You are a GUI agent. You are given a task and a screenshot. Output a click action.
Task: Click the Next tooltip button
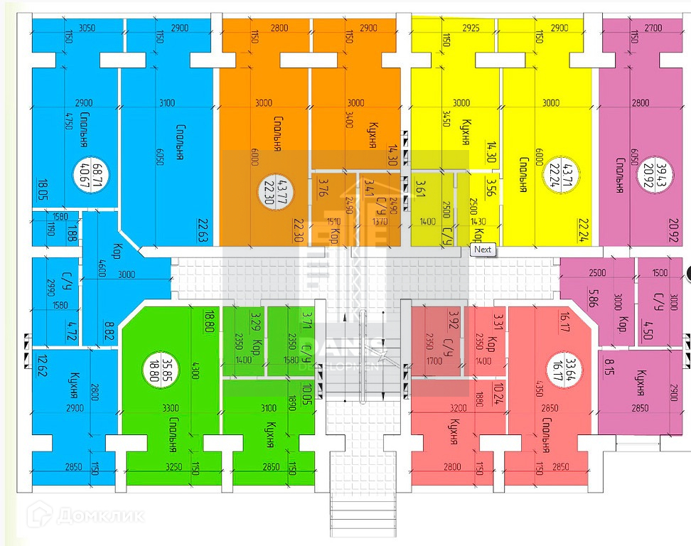tap(483, 250)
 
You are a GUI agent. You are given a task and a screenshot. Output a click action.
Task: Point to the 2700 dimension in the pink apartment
tap(653, 28)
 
